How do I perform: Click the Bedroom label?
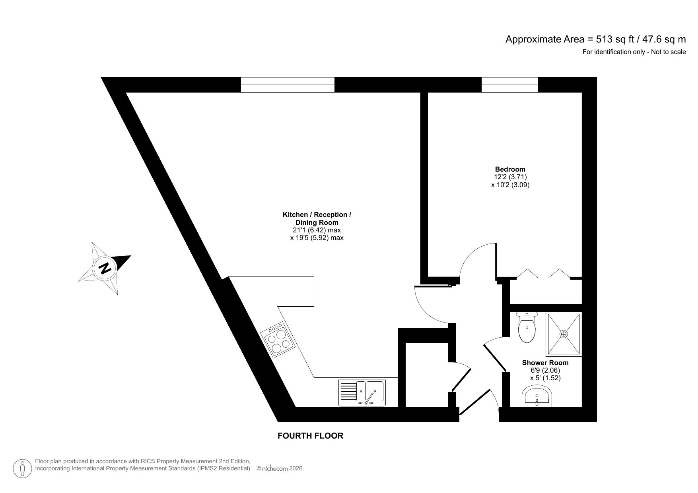pyautogui.click(x=510, y=169)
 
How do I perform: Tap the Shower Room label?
pyautogui.click(x=545, y=363)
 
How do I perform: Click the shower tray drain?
pyautogui.click(x=564, y=334)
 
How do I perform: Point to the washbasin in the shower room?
pyautogui.click(x=537, y=398)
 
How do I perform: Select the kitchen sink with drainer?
pyautogui.click(x=362, y=392)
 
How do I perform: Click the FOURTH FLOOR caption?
pyautogui.click(x=310, y=436)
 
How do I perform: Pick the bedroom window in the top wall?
pyautogui.click(x=509, y=85)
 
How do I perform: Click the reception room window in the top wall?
pyautogui.click(x=288, y=85)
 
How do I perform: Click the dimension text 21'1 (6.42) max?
pyautogui.click(x=317, y=230)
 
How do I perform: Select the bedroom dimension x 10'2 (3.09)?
pyautogui.click(x=510, y=185)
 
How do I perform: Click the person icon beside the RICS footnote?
pyautogui.click(x=23, y=469)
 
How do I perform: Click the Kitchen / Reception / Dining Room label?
pyautogui.click(x=317, y=218)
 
